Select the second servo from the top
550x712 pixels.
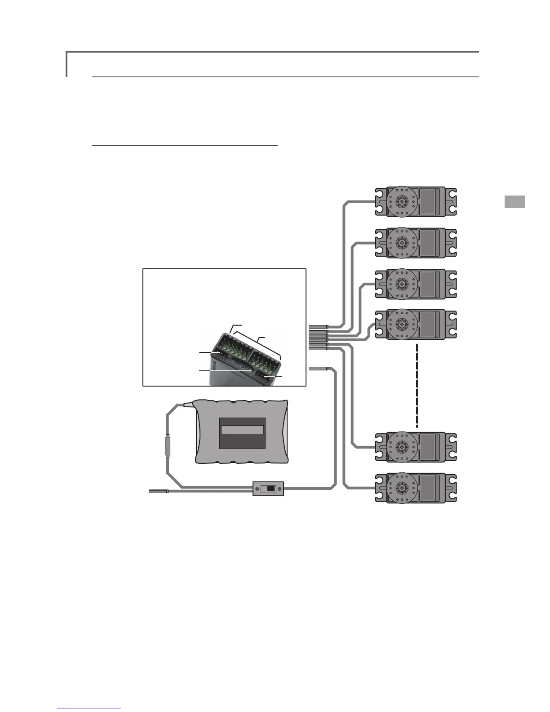pyautogui.click(x=416, y=243)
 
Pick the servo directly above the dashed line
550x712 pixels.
pyautogui.click(x=416, y=324)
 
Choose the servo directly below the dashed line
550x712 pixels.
pyautogui.click(x=416, y=447)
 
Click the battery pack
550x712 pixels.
pyautogui.click(x=241, y=432)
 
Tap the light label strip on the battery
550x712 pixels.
pyautogui.click(x=241, y=429)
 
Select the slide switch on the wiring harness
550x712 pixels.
pyautogui.click(x=268, y=489)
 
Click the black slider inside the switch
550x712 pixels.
pyautogui.click(x=271, y=489)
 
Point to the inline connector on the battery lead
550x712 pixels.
pyautogui.click(x=167, y=446)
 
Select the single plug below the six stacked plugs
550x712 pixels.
pyautogui.click(x=319, y=369)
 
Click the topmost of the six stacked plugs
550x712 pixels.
pyautogui.click(x=319, y=326)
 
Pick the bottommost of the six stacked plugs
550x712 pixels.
pyautogui.click(x=319, y=349)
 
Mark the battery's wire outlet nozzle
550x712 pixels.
pyautogui.click(x=188, y=405)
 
